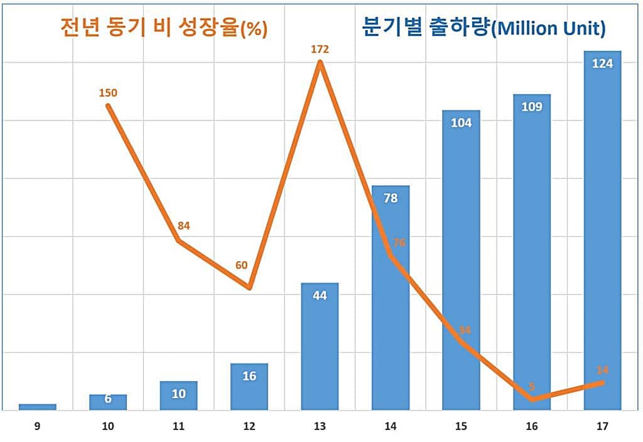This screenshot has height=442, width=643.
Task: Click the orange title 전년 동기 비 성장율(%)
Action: pyautogui.click(x=164, y=28)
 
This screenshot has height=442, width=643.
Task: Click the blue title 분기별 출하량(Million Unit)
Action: pyautogui.click(x=484, y=28)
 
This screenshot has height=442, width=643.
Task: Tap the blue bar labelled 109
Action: pyautogui.click(x=532, y=251)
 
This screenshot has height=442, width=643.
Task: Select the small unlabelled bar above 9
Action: pyautogui.click(x=38, y=407)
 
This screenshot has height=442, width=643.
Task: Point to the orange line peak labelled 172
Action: pyautogui.click(x=320, y=62)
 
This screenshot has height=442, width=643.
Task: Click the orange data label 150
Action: pyautogui.click(x=108, y=93)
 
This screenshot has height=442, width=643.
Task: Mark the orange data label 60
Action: pyautogui.click(x=242, y=265)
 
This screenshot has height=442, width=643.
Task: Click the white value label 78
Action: pyautogui.click(x=391, y=198)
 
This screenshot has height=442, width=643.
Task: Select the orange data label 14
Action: pyautogui.click(x=602, y=370)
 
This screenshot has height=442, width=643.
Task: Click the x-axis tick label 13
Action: pyautogui.click(x=320, y=427)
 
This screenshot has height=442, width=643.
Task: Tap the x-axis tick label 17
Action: pyautogui.click(x=602, y=427)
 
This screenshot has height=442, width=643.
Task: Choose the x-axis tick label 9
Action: pyautogui.click(x=38, y=427)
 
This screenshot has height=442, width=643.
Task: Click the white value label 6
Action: pyautogui.click(x=108, y=399)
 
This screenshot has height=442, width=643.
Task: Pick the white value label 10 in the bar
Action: pyautogui.click(x=178, y=394)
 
